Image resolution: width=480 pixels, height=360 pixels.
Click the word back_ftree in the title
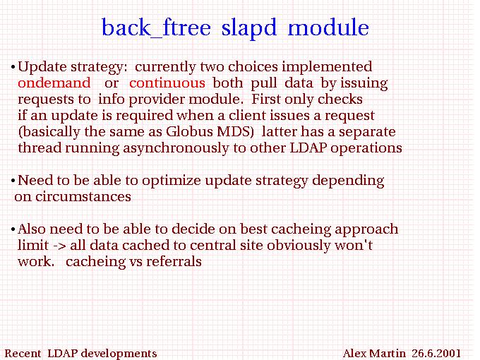pyautogui.click(x=156, y=28)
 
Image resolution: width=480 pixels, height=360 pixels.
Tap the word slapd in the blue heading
pyautogui.click(x=249, y=27)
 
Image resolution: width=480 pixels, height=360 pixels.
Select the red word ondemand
pyautogui.click(x=54, y=83)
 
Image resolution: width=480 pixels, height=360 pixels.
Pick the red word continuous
pyautogui.click(x=167, y=83)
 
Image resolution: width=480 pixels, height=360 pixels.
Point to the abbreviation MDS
pyautogui.click(x=234, y=131)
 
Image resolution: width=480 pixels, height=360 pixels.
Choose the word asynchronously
pyautogui.click(x=176, y=148)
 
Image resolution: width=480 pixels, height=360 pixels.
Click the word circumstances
pyautogui.click(x=73, y=196)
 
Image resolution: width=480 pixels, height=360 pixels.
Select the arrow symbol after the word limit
pyautogui.click(x=59, y=246)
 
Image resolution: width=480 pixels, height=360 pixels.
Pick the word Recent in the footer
pyautogui.click(x=23, y=353)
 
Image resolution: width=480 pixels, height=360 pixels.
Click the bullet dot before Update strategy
pyautogui.click(x=13, y=67)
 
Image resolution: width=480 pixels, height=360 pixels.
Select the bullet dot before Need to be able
pyautogui.click(x=13, y=181)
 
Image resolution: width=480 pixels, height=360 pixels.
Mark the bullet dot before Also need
pyautogui.click(x=13, y=229)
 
